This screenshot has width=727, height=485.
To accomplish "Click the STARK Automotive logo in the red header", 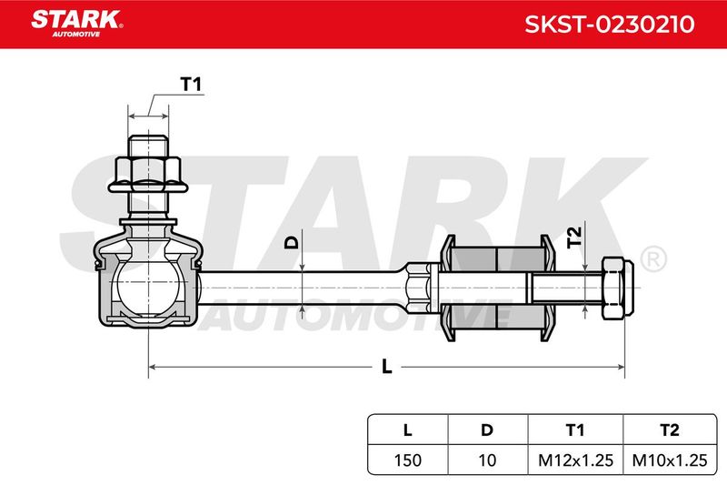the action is [77, 24].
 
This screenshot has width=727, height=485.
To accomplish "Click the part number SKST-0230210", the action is [609, 25].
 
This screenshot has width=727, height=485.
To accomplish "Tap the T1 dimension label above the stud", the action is [191, 85].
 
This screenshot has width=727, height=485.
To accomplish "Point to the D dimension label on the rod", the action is [292, 242].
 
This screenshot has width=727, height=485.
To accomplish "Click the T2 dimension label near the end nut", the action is [574, 237].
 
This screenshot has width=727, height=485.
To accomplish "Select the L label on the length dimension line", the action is [387, 367].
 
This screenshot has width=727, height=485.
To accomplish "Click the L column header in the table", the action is [407, 430].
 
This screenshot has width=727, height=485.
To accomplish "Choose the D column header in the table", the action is [487, 430].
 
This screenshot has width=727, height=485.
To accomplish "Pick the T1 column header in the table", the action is [575, 430].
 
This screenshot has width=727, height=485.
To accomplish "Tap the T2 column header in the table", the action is [670, 430].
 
